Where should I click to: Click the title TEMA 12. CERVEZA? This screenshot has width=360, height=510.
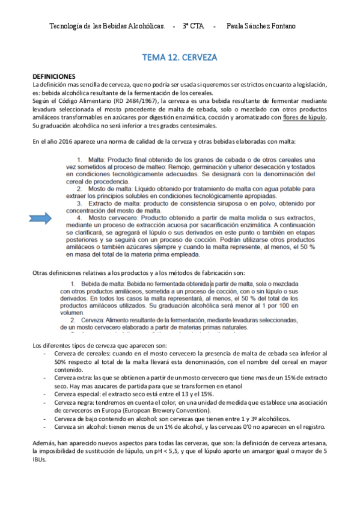tap(179, 58)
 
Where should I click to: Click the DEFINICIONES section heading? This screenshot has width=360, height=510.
tap(54, 77)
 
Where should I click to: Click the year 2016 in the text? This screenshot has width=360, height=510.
tap(60, 141)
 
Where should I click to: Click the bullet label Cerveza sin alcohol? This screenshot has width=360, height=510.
tap(82, 426)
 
